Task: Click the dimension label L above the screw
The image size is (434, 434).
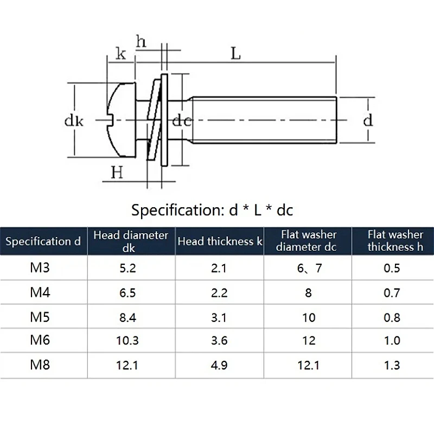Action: point(235,54)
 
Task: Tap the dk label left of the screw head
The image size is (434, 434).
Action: point(74,121)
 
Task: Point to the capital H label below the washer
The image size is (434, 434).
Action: point(117,173)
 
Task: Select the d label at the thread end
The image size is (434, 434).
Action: point(368,120)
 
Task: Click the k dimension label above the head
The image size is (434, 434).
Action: point(120,53)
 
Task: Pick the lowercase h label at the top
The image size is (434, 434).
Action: point(141,42)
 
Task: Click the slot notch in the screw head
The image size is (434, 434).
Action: point(111,120)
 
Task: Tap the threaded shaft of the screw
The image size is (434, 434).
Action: point(264,120)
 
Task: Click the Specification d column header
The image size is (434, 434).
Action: point(43,241)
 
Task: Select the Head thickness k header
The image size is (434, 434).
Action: point(220,241)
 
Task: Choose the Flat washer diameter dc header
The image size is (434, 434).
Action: point(307,241)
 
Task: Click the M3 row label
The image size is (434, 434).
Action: point(40,267)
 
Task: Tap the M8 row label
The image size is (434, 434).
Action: point(40,365)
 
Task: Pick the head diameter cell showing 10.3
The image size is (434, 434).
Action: point(127,341)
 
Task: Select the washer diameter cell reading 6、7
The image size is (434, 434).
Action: point(309,268)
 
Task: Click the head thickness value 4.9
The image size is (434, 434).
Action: point(219,365)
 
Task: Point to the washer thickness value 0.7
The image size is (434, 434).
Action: point(392,293)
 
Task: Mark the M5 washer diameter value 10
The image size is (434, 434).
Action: point(309,317)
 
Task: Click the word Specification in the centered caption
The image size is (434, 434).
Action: point(178,210)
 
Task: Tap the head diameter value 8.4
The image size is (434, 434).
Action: point(127,317)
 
